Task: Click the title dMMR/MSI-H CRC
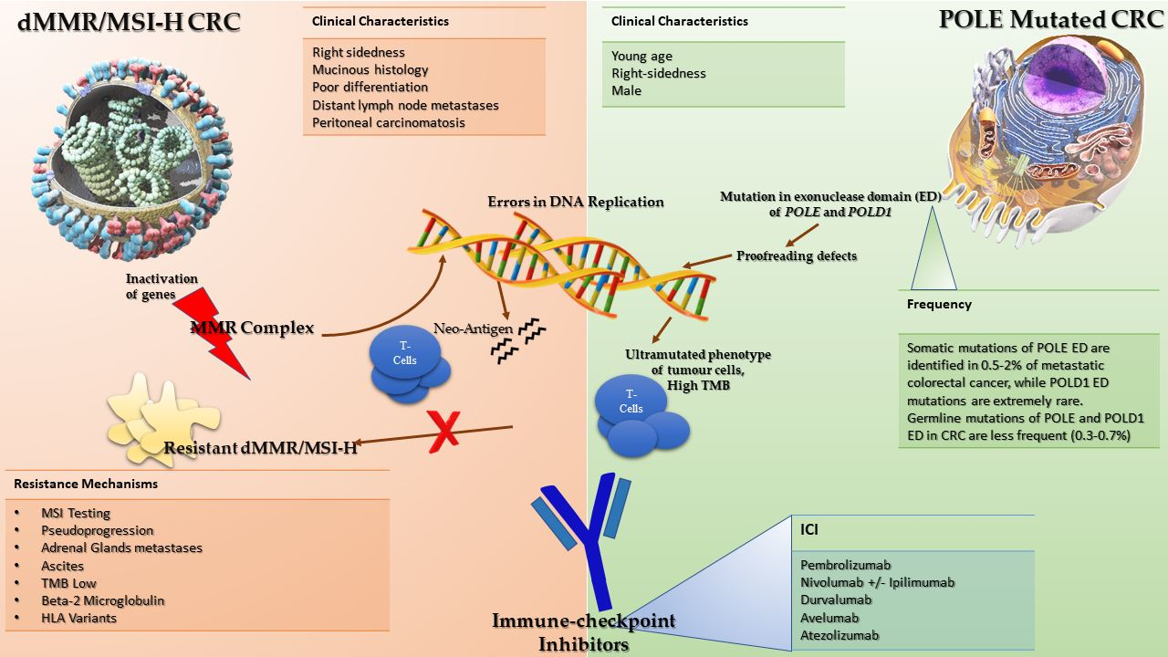(x=129, y=22)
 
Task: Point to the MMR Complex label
(x=252, y=327)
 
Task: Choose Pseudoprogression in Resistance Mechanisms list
(x=98, y=530)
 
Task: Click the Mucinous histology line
(x=370, y=69)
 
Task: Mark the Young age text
(x=641, y=56)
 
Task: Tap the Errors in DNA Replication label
(x=575, y=201)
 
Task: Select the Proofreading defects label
(x=797, y=255)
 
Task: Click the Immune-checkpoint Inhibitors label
(x=584, y=631)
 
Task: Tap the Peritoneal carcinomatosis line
(x=389, y=122)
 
